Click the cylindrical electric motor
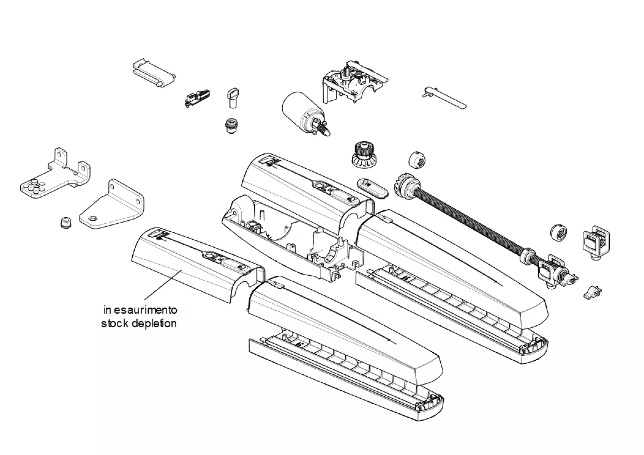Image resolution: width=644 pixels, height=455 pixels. tap(305, 113)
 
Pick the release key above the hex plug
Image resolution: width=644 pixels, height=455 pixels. tap(233, 98)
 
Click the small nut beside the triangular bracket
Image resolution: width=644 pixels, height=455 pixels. tap(66, 222)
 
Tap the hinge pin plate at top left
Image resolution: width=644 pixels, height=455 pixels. tap(154, 73)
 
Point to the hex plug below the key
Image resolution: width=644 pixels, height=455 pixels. tap(231, 126)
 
